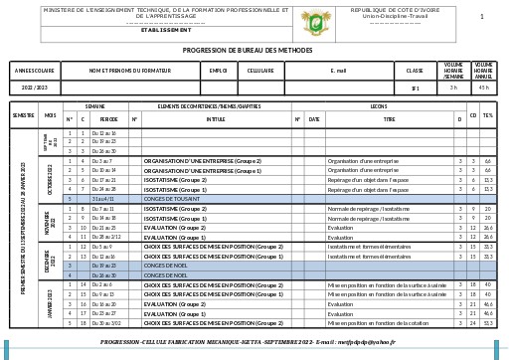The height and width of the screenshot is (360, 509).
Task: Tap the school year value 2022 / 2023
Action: click(x=35, y=89)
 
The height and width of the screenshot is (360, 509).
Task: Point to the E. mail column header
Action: click(x=338, y=71)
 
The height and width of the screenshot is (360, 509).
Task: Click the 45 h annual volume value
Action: click(x=484, y=89)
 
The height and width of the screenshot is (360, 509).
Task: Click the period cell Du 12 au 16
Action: click(x=103, y=132)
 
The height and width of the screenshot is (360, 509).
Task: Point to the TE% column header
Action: click(x=488, y=117)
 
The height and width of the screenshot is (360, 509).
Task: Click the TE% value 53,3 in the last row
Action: click(x=488, y=323)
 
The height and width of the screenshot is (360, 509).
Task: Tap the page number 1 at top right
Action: click(x=482, y=17)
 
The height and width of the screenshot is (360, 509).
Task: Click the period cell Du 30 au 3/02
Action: click(x=106, y=323)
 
